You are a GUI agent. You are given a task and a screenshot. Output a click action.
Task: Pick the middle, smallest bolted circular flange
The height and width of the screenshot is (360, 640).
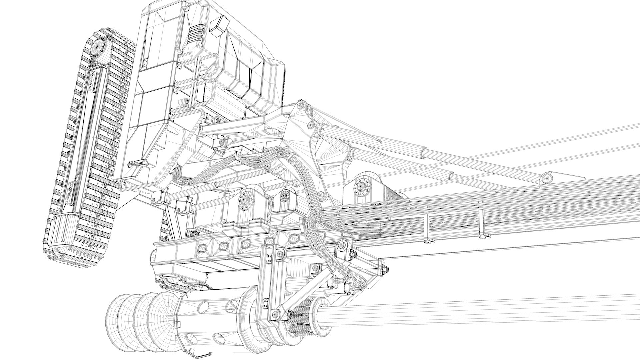[x=284, y=196]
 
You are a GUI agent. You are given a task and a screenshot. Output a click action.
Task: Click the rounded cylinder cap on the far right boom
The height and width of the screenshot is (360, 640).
[x=547, y=179]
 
